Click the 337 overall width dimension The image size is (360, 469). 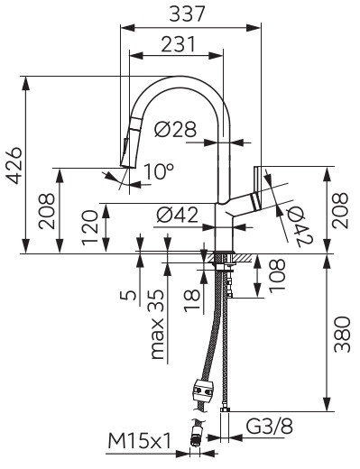(191, 14)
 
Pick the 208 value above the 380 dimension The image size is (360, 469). (340, 209)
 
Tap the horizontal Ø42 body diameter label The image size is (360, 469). (177, 215)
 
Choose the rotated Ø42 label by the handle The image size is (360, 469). (299, 222)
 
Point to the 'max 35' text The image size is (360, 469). (158, 326)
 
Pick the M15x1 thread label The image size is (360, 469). (140, 441)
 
